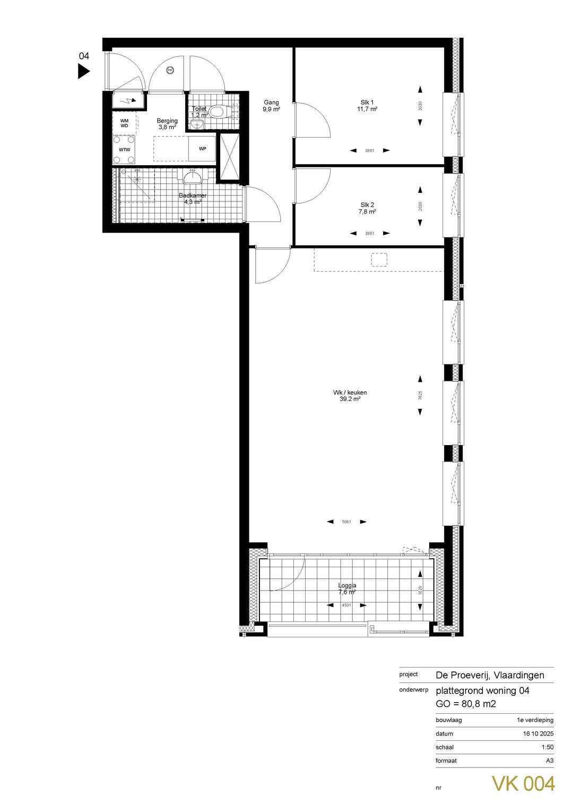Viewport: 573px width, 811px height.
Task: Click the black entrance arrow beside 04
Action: [83, 71]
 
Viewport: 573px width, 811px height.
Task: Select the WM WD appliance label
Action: [124, 123]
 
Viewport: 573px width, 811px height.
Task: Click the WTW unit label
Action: [124, 150]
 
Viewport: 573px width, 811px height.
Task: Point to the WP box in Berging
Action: [202, 149]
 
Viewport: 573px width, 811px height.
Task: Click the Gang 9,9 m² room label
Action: [271, 106]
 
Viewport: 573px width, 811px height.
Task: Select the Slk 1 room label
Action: [367, 106]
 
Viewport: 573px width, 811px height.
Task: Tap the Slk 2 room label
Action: [367, 208]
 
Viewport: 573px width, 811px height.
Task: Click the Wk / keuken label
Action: [350, 396]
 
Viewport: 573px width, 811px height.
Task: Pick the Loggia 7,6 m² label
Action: [348, 588]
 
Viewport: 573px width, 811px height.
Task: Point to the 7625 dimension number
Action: [420, 395]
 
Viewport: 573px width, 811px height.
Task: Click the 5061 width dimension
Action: [347, 522]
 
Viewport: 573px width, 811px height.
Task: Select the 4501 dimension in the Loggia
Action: [346, 605]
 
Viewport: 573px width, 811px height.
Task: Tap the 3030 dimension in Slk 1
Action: [420, 106]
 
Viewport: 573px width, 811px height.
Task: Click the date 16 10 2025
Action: [538, 733]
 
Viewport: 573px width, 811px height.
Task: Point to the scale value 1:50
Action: [547, 747]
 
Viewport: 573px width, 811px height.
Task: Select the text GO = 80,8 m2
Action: [465, 704]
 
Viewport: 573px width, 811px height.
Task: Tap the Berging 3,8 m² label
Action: [167, 124]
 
